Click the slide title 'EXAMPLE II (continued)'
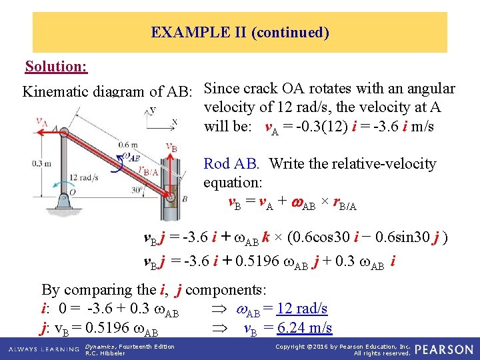click(x=240, y=32)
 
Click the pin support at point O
click(x=65, y=198)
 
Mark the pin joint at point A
click(x=65, y=133)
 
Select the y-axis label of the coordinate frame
click(x=153, y=109)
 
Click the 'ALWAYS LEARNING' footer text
click(x=41, y=349)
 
